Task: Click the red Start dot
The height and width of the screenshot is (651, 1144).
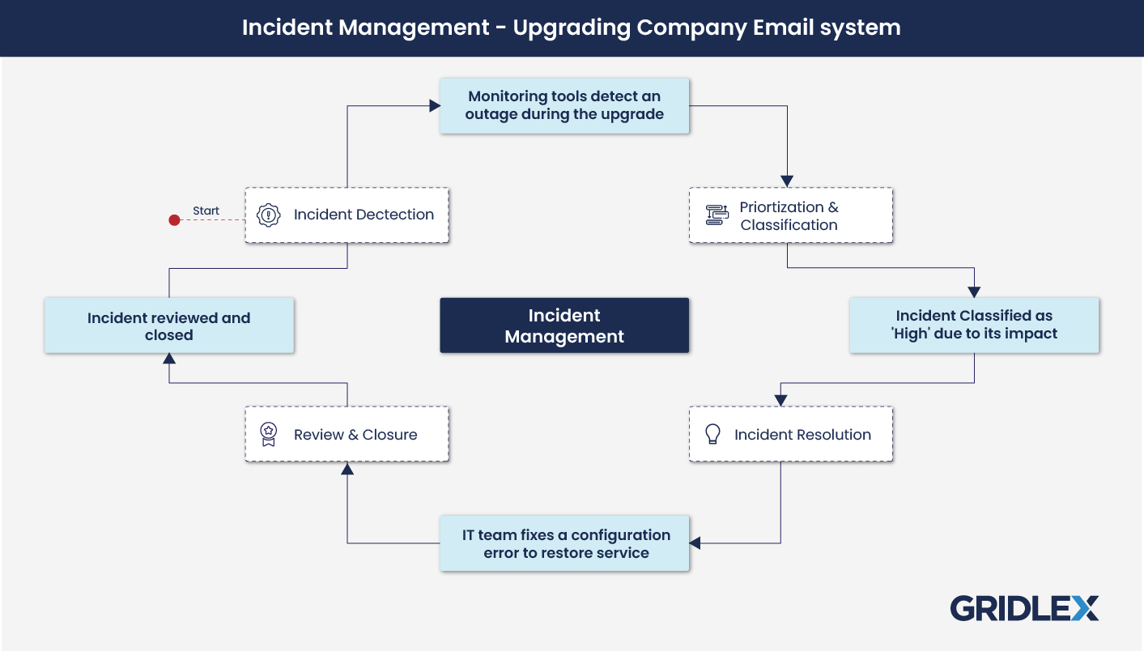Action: click(174, 219)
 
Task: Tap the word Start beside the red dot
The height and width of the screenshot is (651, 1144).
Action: click(206, 211)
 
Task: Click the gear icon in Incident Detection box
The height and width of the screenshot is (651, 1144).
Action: click(269, 215)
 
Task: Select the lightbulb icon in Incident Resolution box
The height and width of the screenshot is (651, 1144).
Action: click(712, 434)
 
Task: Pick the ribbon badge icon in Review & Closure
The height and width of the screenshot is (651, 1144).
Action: click(269, 434)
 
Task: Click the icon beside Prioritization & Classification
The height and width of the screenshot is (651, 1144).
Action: click(717, 215)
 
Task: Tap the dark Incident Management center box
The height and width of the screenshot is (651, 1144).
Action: click(564, 325)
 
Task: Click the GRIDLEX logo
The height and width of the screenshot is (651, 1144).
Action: click(1024, 608)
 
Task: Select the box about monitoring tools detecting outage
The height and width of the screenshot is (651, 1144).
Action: click(564, 105)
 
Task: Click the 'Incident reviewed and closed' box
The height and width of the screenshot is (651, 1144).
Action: click(168, 325)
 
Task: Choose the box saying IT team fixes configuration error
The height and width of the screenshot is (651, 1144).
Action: click(564, 544)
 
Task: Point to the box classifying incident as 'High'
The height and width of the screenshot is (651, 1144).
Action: click(974, 325)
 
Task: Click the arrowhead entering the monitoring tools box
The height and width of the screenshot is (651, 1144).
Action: click(435, 105)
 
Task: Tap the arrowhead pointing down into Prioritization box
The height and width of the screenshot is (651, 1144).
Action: click(787, 181)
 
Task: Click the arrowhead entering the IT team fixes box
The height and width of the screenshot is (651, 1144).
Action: click(695, 543)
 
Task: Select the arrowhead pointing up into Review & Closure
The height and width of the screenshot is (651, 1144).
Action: click(347, 469)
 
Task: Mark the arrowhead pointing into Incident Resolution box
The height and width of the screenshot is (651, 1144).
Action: click(780, 400)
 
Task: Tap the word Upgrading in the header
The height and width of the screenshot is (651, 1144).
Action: click(572, 28)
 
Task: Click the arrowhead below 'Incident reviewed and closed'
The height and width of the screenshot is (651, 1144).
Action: click(168, 359)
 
